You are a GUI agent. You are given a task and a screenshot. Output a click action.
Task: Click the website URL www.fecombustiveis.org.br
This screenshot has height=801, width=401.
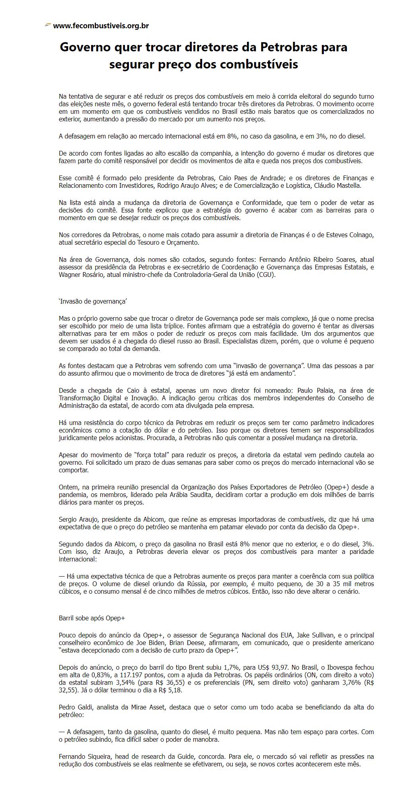tap(101, 26)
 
